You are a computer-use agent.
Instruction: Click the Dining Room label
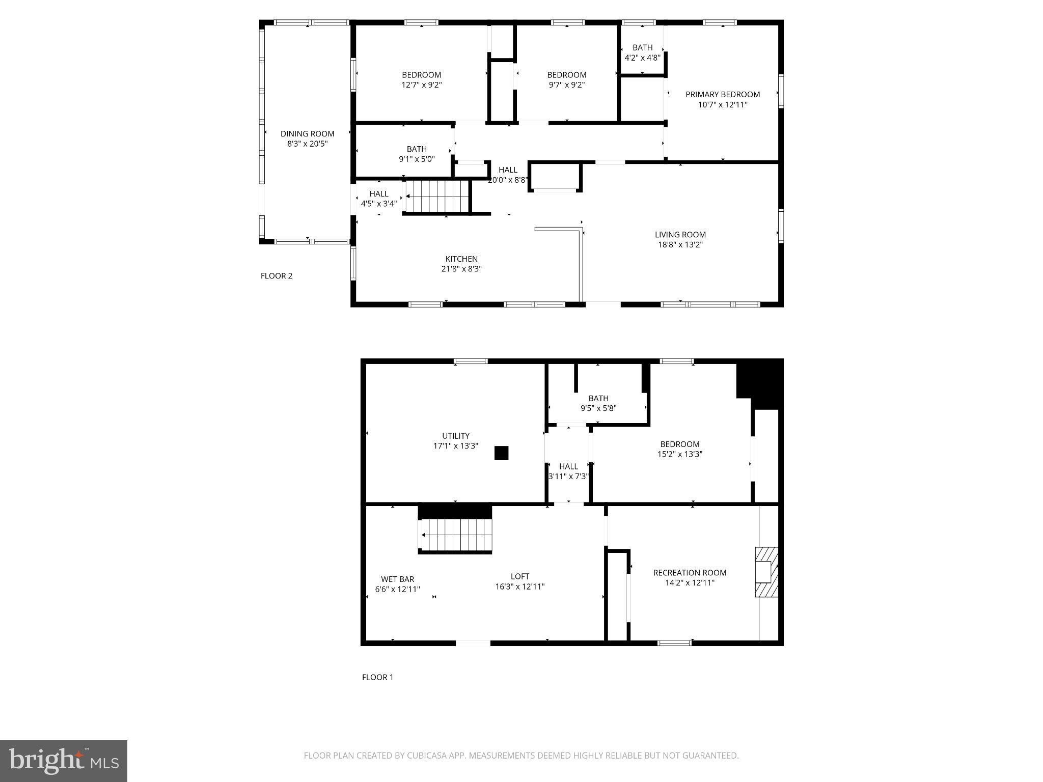tap(307, 134)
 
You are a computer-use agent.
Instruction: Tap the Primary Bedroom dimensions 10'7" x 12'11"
tap(722, 105)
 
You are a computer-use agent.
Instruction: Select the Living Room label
tap(680, 235)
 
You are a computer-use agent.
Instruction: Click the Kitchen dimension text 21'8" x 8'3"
tap(461, 269)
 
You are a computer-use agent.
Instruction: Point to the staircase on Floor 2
tap(436, 196)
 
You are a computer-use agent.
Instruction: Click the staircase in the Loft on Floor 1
tap(456, 535)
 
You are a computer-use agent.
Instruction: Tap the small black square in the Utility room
tap(501, 453)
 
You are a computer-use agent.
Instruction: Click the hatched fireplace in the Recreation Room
tap(766, 572)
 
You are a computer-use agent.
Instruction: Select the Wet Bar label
tap(397, 579)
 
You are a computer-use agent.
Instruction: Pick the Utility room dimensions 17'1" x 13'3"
tap(455, 446)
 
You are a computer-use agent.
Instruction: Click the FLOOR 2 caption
tap(276, 276)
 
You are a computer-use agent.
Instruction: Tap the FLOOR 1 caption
tap(377, 677)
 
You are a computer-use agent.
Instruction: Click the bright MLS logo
tap(64, 761)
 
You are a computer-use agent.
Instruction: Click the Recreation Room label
tap(690, 573)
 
